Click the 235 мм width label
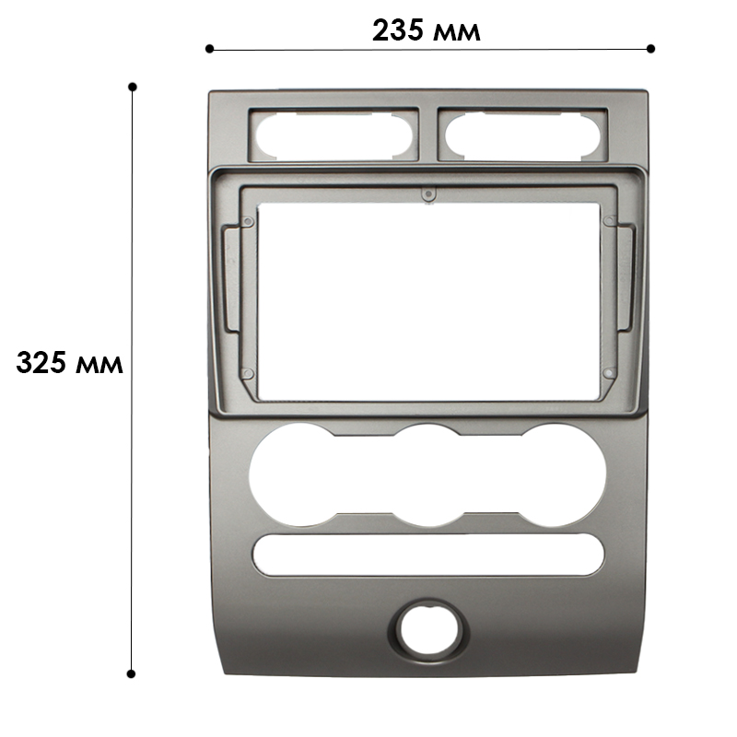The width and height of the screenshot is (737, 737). (x=427, y=31)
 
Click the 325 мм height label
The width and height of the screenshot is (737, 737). (x=70, y=363)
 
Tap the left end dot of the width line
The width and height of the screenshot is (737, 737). (x=210, y=48)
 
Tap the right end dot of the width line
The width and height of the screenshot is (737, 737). (x=651, y=48)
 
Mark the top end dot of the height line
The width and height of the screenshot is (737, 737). (x=133, y=87)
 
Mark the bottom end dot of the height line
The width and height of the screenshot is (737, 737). (x=132, y=673)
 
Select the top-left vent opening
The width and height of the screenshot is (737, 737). (x=333, y=136)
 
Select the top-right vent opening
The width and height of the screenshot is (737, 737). (x=522, y=136)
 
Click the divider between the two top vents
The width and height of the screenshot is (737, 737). (x=429, y=135)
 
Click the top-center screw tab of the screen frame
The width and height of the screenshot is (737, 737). (x=427, y=194)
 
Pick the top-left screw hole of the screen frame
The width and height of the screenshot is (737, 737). (x=248, y=221)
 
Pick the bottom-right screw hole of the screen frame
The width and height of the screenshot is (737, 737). (x=608, y=373)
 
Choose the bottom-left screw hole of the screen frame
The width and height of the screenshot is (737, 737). (x=247, y=373)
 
